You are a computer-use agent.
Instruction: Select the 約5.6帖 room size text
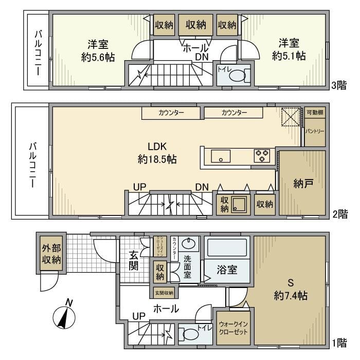pyautogui.click(x=97, y=57)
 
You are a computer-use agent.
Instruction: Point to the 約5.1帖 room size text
pyautogui.click(x=289, y=56)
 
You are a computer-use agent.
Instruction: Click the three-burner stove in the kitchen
pyautogui.click(x=262, y=155)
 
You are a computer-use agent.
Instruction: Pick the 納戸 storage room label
pyautogui.click(x=302, y=184)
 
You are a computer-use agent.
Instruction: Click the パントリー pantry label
pyautogui.click(x=315, y=132)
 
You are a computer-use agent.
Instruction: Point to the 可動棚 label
pyautogui.click(x=314, y=113)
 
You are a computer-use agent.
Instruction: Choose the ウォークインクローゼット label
pyautogui.click(x=233, y=328)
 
